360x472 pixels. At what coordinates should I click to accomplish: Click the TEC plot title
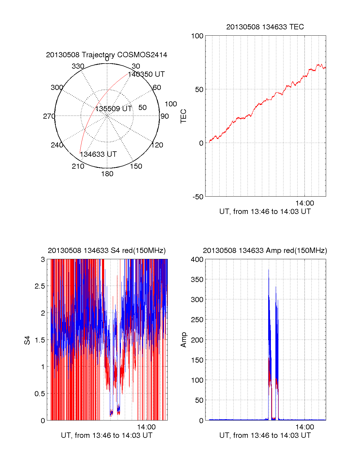(265, 27)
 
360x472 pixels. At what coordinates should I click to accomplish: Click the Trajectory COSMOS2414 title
(106, 55)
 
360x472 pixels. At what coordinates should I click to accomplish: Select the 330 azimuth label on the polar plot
(78, 66)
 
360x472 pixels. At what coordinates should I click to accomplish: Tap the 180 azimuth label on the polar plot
(107, 174)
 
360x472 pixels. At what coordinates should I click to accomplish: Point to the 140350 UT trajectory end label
(146, 74)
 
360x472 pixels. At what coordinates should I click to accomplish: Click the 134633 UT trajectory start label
(98, 154)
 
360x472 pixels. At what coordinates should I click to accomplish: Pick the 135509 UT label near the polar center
(114, 108)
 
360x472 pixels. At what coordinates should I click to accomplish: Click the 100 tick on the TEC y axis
(197, 36)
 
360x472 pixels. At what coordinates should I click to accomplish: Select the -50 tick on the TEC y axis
(198, 197)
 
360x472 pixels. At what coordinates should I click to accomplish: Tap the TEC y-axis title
(184, 116)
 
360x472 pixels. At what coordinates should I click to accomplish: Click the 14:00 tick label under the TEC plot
(304, 203)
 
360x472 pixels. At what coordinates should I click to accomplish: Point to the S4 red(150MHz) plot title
(106, 251)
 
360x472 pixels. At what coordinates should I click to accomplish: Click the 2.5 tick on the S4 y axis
(40, 286)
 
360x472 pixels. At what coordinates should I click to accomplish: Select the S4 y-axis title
(27, 340)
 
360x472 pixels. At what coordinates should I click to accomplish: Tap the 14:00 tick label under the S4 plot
(146, 427)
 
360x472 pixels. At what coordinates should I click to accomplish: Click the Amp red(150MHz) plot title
(265, 251)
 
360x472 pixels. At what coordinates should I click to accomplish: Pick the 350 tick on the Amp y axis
(197, 280)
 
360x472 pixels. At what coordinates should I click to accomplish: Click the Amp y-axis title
(184, 340)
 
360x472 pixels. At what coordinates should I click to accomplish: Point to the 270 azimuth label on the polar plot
(49, 116)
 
